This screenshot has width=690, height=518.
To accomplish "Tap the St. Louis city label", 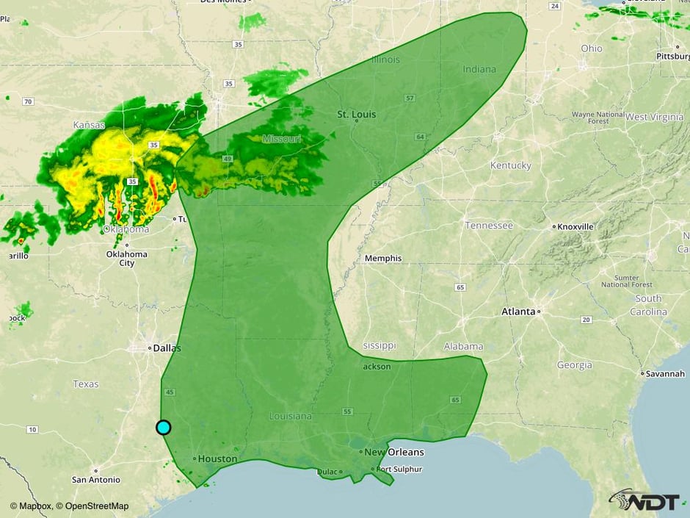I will tap(357, 115).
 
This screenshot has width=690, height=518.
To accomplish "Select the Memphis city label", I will tap(383, 259).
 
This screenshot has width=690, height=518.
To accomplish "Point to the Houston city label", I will tap(217, 459).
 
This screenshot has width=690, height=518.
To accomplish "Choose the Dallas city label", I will tap(167, 348).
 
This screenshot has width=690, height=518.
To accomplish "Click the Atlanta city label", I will tap(518, 312).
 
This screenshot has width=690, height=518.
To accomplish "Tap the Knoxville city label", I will tap(575, 227).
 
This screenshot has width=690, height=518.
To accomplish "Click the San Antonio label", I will tap(96, 480).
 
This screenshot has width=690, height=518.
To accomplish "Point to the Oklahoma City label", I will tap(126, 259).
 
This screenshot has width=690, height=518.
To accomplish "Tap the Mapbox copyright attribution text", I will tap(69, 506).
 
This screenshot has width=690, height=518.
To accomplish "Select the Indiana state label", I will tap(479, 70).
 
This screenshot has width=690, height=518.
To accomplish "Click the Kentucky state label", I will tap(510, 165).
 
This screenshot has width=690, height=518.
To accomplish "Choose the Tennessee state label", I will tap(489, 226).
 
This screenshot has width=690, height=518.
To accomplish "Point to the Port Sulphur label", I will tap(399, 469).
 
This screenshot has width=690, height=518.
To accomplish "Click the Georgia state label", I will tap(574, 365).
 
